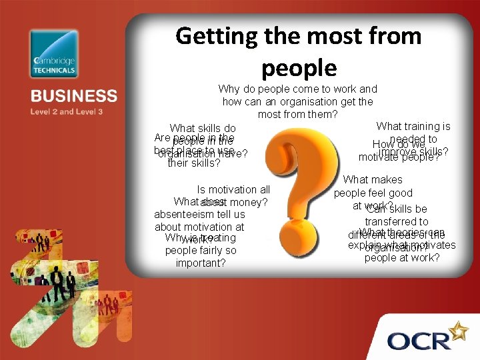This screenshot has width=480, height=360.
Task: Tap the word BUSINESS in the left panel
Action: pos(73,96)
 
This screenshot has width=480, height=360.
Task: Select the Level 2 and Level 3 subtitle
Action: pos(66,111)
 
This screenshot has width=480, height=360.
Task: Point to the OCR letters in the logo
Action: pos(419,341)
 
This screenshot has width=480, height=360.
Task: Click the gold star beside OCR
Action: pos(459,330)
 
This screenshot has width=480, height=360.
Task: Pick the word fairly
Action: pos(209,251)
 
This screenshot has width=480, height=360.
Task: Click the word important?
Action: pos(200,263)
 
